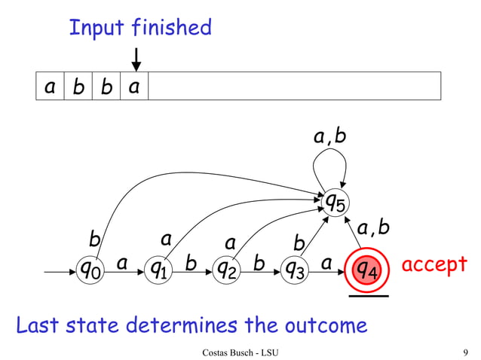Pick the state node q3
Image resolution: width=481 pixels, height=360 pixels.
click(292, 267)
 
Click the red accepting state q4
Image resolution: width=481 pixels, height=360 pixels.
click(367, 267)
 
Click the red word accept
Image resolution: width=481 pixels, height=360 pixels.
click(434, 265)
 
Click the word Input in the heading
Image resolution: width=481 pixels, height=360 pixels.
click(97, 29)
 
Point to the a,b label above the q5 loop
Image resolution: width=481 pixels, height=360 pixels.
click(330, 136)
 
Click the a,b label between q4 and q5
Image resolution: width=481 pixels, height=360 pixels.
click(375, 227)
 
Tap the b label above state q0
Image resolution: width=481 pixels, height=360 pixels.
click(95, 239)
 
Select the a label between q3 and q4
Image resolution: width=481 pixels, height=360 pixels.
click(326, 264)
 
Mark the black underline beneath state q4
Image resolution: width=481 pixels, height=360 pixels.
click(368, 297)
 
